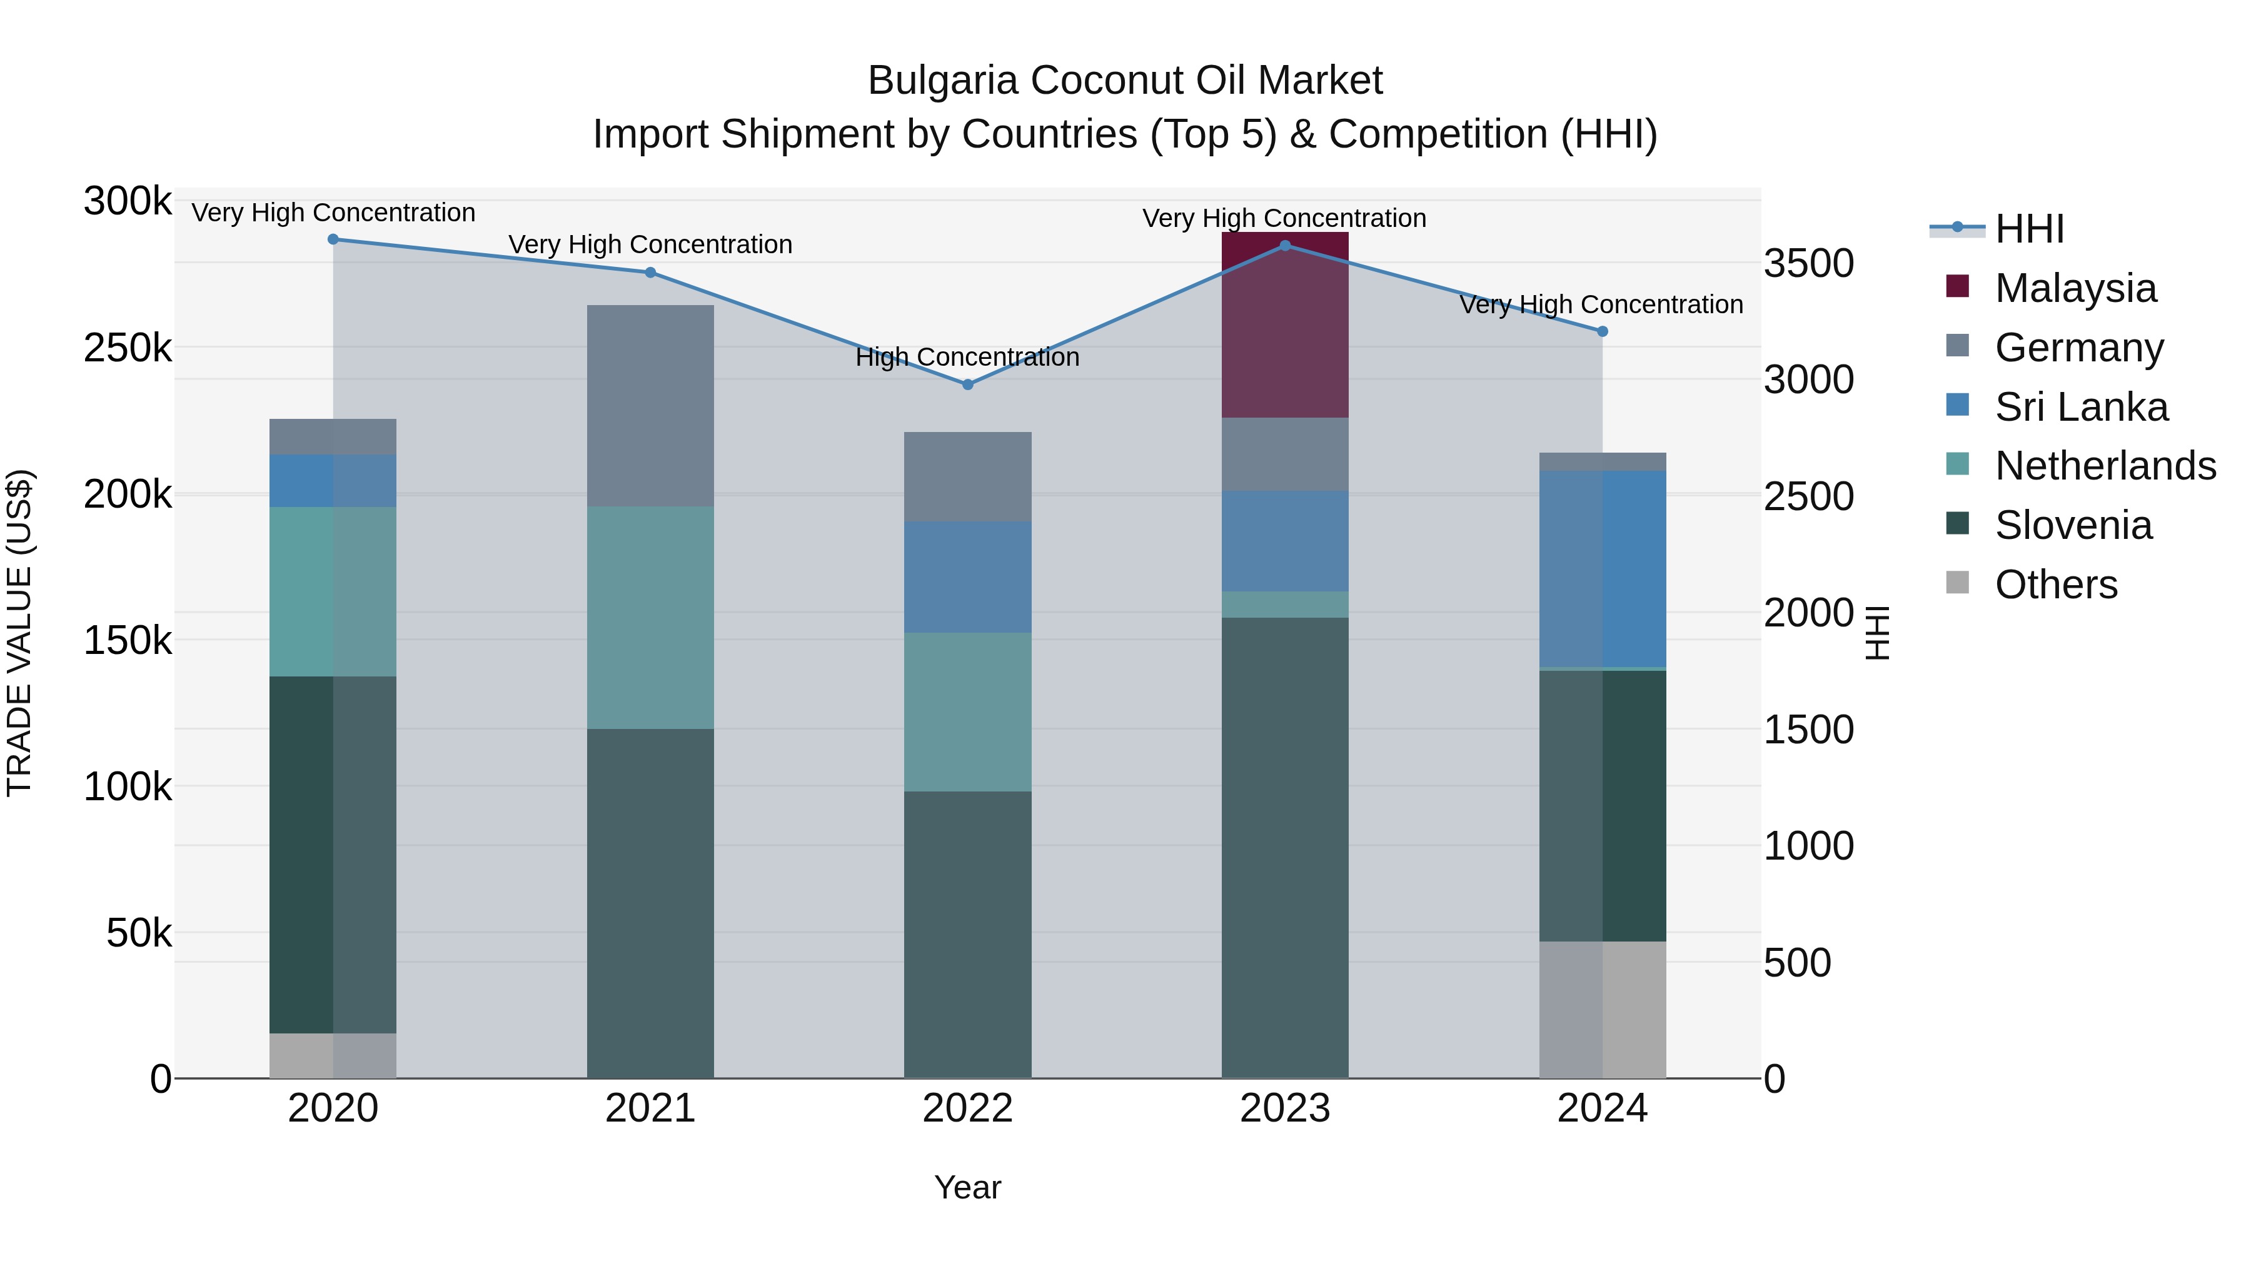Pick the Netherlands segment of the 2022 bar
(967, 712)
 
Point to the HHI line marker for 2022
(967, 384)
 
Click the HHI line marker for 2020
(333, 239)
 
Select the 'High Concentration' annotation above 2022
(967, 358)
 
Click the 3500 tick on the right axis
(1808, 263)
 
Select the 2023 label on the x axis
(1284, 1108)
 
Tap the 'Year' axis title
(967, 1187)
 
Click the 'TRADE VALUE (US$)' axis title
(19, 633)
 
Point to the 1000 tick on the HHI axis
(1808, 846)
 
